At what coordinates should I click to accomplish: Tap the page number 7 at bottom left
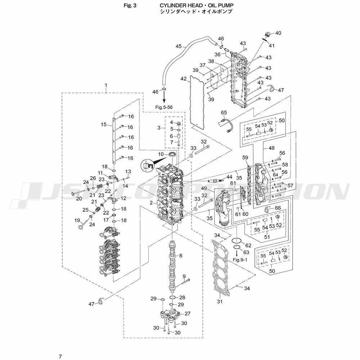pos(60,356)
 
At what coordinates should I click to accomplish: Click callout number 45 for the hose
pos(179,46)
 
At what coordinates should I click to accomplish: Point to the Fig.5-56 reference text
pos(165,107)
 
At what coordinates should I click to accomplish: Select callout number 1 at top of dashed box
pos(106,85)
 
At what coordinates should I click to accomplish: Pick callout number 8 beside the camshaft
pos(181,256)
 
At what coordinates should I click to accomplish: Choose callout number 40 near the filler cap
pos(278,33)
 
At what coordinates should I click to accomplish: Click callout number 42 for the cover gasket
pos(184,78)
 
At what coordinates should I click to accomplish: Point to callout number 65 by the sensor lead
pos(224,113)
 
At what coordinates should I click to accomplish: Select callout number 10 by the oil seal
pos(161,154)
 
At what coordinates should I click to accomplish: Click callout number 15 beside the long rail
pos(104,125)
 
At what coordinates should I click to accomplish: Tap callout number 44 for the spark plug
pos(229,177)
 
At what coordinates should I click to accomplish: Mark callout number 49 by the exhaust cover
pos(204,189)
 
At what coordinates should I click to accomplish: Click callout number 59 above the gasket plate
pos(245,158)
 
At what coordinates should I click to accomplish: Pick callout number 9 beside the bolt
pos(184,276)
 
